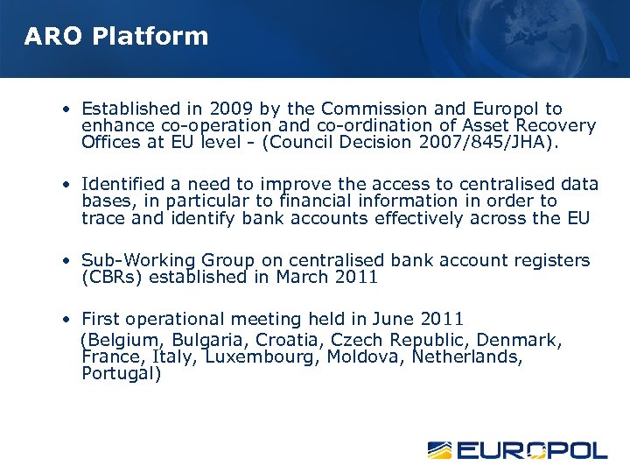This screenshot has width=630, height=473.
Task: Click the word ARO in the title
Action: [x=53, y=37]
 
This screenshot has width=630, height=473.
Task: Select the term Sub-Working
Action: [x=137, y=260]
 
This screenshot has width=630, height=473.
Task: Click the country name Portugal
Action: [x=121, y=374]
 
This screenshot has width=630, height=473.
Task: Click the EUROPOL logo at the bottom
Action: [x=517, y=450]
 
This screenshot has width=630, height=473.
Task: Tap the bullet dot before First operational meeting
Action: [x=66, y=320]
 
